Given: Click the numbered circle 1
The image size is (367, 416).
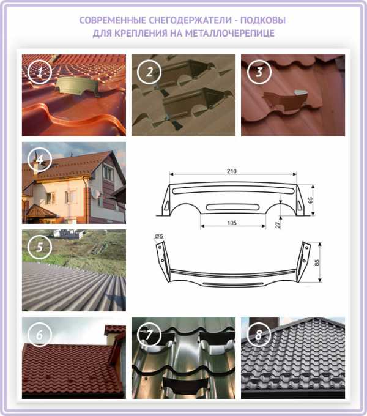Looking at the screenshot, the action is pyautogui.click(x=40, y=72).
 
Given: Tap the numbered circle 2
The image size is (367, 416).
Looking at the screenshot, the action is pyautogui.click(x=149, y=72).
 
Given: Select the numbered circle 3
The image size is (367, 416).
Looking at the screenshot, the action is pyautogui.click(x=259, y=72).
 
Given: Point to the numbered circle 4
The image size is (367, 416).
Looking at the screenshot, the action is pyautogui.click(x=40, y=160).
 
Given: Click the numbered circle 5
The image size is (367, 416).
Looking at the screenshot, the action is pyautogui.click(x=40, y=247).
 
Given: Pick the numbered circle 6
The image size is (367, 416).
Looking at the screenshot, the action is pyautogui.click(x=40, y=335).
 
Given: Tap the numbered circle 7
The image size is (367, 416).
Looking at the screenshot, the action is pyautogui.click(x=149, y=335).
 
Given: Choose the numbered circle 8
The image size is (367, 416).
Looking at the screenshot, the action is pyautogui.click(x=259, y=335).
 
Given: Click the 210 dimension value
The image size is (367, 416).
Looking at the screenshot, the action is pyautogui.click(x=231, y=171).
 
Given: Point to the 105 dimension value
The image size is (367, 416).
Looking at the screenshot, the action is pyautogui.click(x=232, y=223).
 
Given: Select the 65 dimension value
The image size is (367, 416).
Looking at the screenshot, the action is pyautogui.click(x=310, y=200).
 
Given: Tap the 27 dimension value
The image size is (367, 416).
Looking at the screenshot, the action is pyautogui.click(x=277, y=225).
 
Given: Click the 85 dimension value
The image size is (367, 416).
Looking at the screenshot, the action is pyautogui.click(x=317, y=262).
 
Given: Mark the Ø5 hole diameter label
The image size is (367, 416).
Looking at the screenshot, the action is pyautogui.click(x=159, y=236).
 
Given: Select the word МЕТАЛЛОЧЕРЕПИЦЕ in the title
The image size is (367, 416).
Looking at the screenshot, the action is pyautogui.click(x=229, y=34).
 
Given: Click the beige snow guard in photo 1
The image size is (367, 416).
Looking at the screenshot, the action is pyautogui.click(x=77, y=86).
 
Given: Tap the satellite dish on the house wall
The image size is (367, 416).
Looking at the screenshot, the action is pyautogui.click(x=96, y=193).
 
